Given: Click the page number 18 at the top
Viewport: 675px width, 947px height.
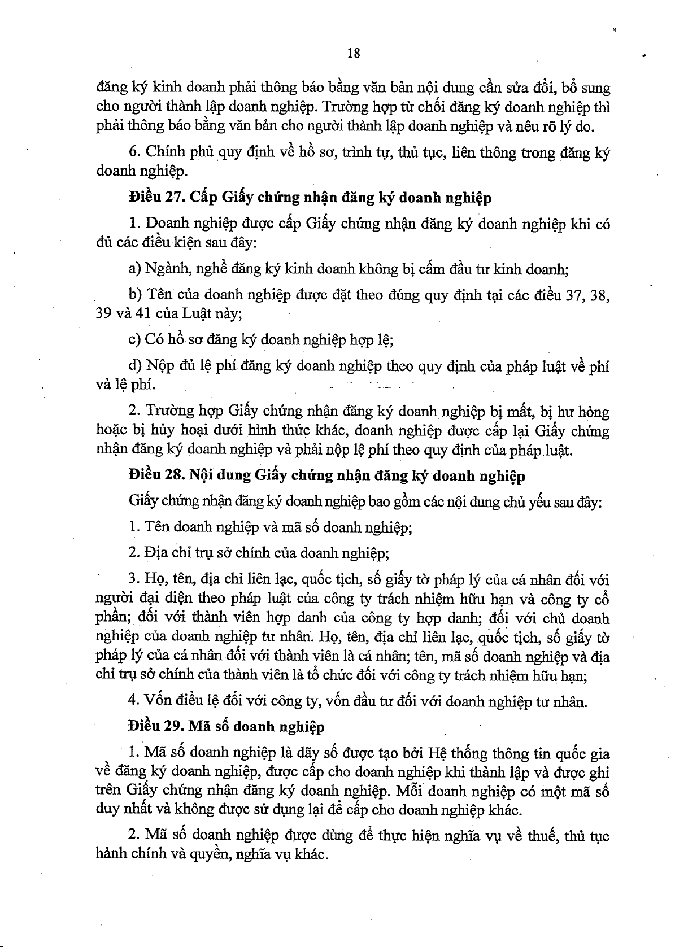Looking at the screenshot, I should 354,53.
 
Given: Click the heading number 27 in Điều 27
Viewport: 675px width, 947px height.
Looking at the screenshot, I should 172,198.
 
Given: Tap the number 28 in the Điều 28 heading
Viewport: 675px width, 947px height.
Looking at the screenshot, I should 172,475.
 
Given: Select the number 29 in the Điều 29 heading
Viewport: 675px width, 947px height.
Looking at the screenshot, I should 172,726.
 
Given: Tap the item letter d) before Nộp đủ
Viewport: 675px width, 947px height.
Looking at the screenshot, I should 135,366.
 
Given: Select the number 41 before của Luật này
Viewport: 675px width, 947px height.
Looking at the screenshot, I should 144,314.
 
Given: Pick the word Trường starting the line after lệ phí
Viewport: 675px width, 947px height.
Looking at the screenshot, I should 169,412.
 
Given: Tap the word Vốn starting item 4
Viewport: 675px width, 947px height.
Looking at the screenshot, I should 158,701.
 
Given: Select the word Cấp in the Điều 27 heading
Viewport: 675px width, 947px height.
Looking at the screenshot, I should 201,198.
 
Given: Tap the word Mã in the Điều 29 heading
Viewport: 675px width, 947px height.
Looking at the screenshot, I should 199,726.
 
